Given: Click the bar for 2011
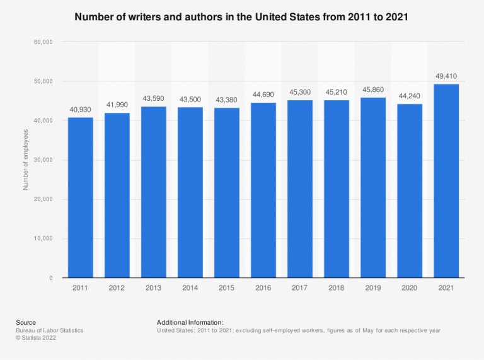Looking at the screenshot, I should pos(81,197).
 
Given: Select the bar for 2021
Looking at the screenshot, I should pos(446,181).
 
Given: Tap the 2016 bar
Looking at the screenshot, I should pos(263,190).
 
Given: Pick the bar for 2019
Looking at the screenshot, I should pos(373,188).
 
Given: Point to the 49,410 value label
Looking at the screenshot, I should pos(446,76).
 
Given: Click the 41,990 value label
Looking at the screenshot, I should pos(117,105).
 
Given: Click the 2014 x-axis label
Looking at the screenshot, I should pos(190,287).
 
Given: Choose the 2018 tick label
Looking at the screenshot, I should pos(337,287).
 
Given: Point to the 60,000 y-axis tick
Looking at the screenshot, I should pos(43,42).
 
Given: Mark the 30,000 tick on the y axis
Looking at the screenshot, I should pos(43,160).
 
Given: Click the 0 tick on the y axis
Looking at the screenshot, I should pos(50,278).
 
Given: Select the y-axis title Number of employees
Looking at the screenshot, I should pos(26,160).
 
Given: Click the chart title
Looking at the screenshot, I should pos(241,17).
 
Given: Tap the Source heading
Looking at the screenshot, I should pos(26,322).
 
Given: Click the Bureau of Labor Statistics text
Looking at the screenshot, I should pos(50,330).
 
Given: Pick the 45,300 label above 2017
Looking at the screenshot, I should pos(300,93).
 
